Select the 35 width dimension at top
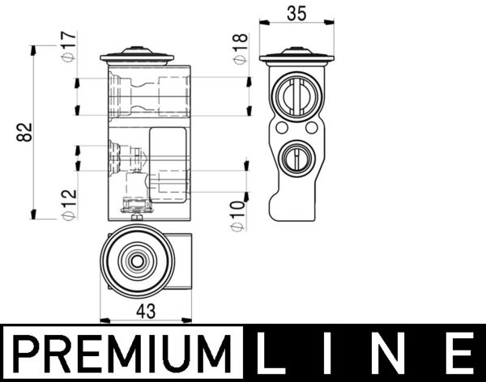pos(296,14)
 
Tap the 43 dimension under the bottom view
pos(146,309)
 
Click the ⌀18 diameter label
pos(240,49)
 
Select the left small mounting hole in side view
pos(280,128)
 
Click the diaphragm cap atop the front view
pos(137,57)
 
